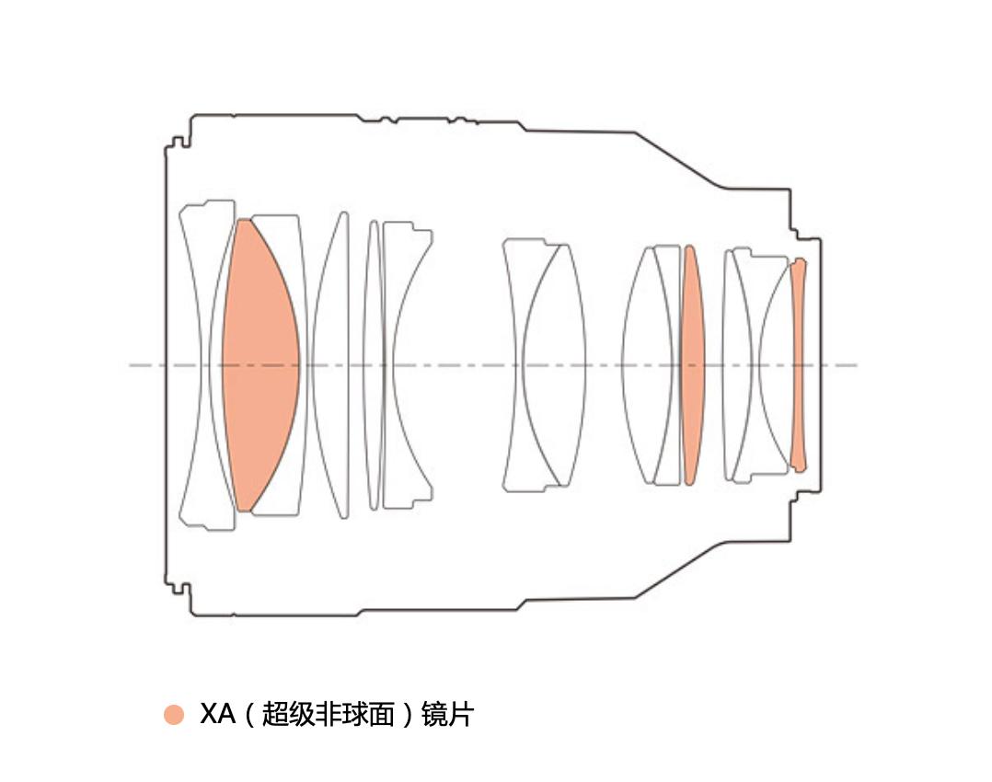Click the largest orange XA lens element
260,365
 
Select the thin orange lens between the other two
692,365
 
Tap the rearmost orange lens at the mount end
799,365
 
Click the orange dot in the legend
173,714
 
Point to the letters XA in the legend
217,714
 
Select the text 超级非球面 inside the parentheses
328,714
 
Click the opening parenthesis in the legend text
249,714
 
